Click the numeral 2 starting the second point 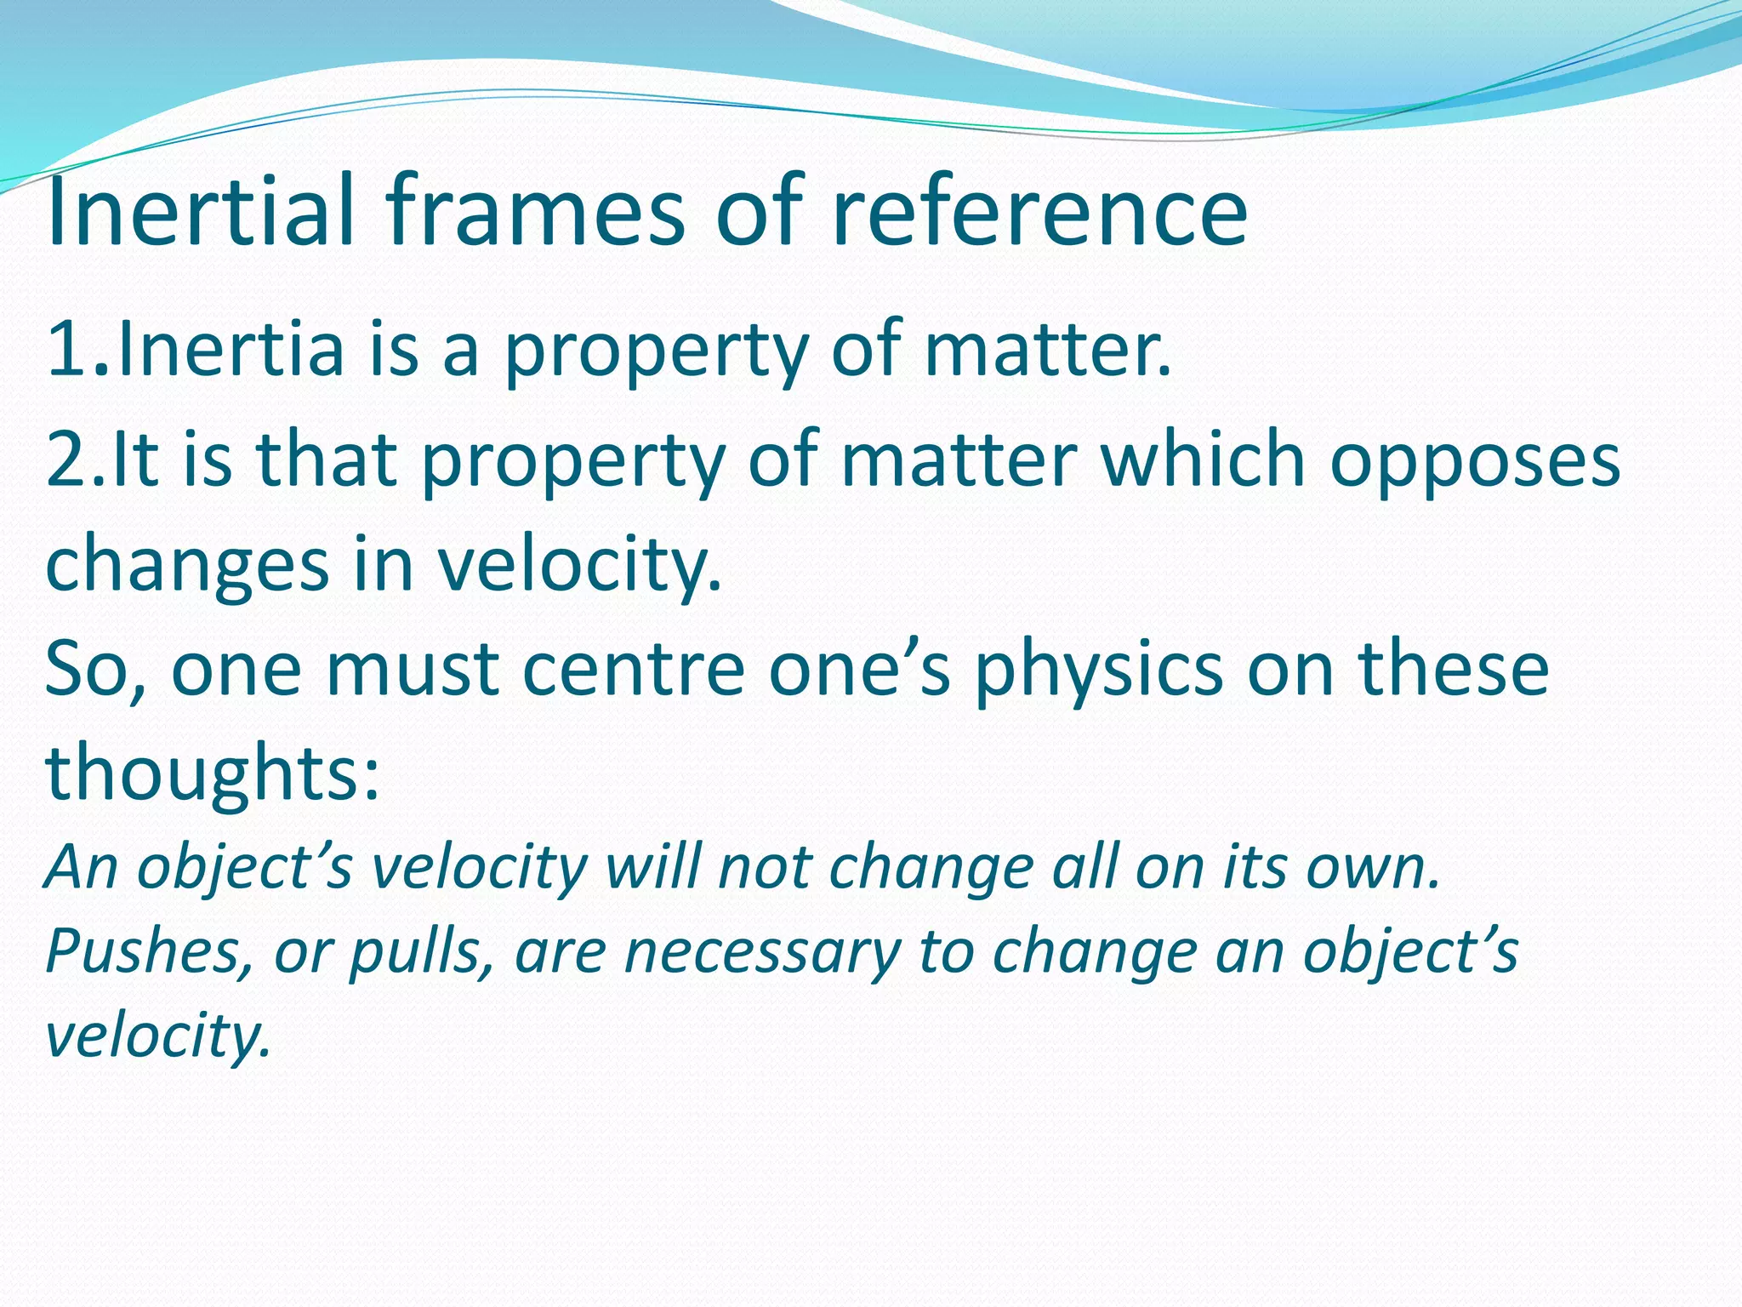pyautogui.click(x=65, y=460)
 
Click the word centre pyautogui.click(x=634, y=670)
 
